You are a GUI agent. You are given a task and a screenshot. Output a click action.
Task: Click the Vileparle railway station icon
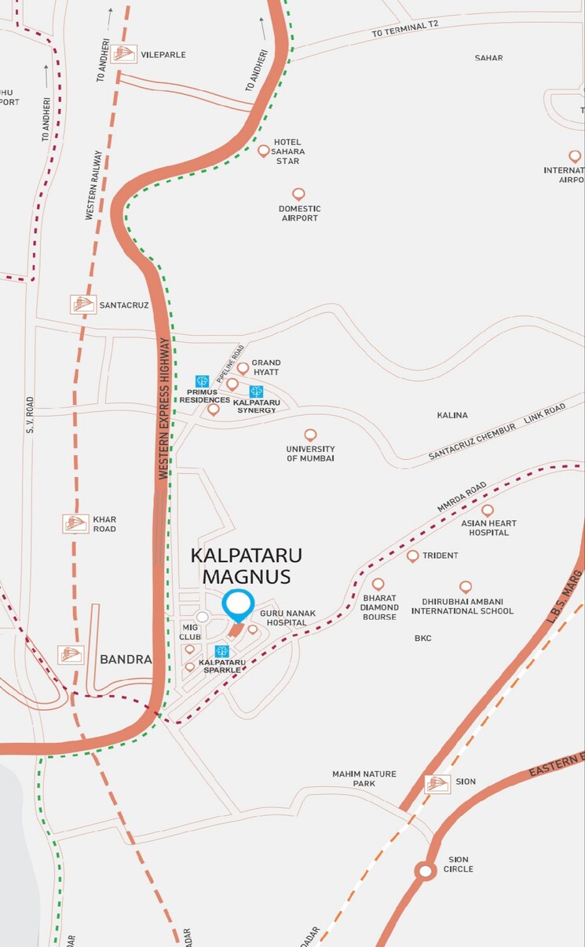(123, 54)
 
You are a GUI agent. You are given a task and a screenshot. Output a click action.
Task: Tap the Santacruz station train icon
(82, 304)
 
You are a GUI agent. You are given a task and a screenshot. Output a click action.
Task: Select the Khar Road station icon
(75, 523)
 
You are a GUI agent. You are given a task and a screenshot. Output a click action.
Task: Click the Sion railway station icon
(437, 783)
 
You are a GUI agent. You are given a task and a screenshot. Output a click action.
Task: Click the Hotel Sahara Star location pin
(264, 150)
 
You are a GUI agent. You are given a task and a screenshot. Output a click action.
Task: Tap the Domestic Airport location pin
(298, 194)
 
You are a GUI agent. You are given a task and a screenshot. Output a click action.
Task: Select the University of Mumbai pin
(310, 435)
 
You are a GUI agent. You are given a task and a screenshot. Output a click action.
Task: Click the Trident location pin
(412, 555)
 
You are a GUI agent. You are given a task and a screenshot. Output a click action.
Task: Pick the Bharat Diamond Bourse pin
(378, 585)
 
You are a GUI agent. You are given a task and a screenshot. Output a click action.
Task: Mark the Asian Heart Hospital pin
(487, 511)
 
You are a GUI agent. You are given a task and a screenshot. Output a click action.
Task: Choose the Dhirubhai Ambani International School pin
(465, 587)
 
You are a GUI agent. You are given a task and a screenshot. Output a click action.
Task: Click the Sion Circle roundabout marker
(426, 871)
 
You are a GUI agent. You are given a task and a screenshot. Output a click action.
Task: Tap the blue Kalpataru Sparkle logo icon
(221, 651)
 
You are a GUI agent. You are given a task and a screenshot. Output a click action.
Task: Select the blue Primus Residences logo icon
(202, 381)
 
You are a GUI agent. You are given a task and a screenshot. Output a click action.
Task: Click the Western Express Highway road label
(164, 408)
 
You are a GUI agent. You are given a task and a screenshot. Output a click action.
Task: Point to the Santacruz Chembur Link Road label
(496, 431)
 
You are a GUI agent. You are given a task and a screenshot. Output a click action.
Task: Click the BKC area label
(423, 638)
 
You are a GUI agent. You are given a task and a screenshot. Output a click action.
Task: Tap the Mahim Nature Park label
(364, 778)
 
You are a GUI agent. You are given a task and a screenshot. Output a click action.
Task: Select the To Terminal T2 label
(406, 28)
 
